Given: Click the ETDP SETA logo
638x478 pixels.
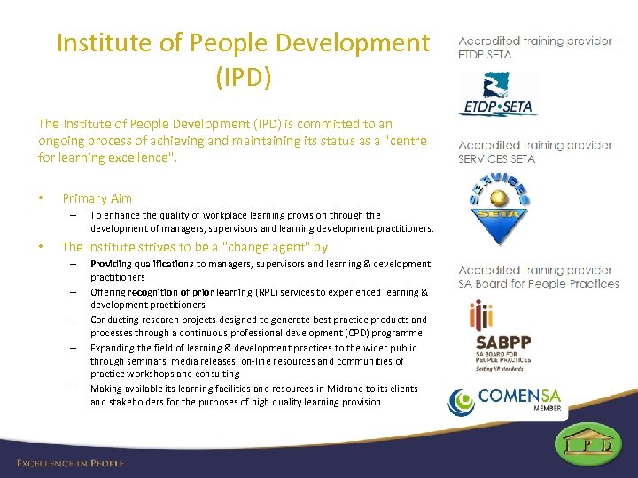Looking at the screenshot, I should pos(498,95).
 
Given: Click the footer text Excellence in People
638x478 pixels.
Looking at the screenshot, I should pos(70,463).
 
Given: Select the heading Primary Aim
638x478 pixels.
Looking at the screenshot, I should pos(97,198).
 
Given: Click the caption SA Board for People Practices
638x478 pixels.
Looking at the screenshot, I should pos(538,283).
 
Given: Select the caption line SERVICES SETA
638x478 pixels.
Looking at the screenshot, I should pos(496,158).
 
